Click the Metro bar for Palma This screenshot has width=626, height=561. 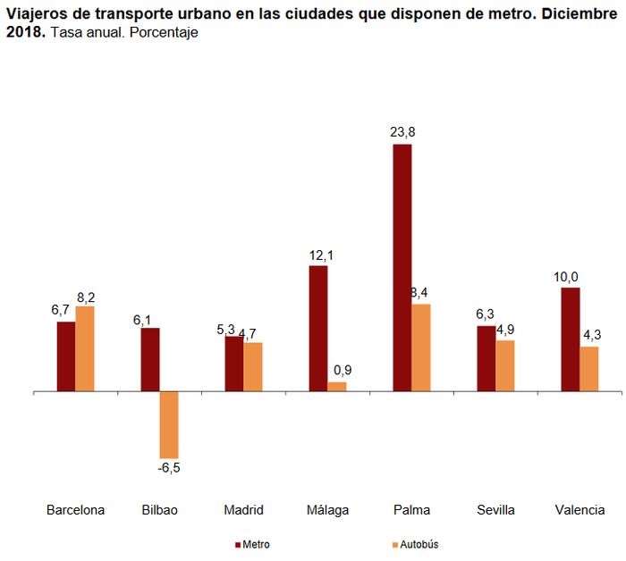tap(402, 267)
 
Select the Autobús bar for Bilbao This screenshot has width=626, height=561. tap(169, 425)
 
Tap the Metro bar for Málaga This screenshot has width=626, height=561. tap(318, 328)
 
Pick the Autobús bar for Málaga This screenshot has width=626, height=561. tap(337, 387)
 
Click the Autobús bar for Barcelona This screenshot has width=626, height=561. tap(85, 348)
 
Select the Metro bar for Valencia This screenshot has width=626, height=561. tap(570, 339)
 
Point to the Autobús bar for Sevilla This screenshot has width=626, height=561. tap(505, 365)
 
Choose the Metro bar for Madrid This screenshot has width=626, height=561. tap(233, 364)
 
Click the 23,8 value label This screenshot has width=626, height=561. tap(402, 131)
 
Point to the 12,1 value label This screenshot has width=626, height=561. tap(319, 255)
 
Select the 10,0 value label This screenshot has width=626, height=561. tap(566, 277)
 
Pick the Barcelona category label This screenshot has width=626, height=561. tap(75, 510)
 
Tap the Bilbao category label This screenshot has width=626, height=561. tap(159, 510)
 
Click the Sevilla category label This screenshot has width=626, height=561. tap(495, 510)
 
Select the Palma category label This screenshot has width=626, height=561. tap(411, 510)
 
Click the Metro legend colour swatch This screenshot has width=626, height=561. tap(239, 544)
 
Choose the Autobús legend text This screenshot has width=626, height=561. tap(419, 544)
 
